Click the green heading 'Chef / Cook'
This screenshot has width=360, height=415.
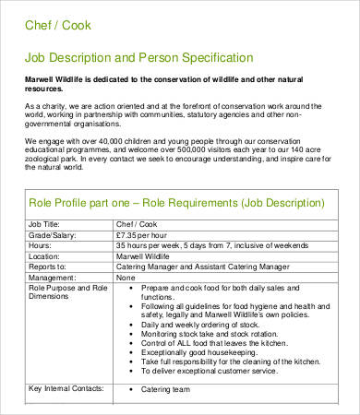coord(56,25)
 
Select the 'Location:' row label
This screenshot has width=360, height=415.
coord(46,258)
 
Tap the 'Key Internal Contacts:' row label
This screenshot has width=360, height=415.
coord(67,389)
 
